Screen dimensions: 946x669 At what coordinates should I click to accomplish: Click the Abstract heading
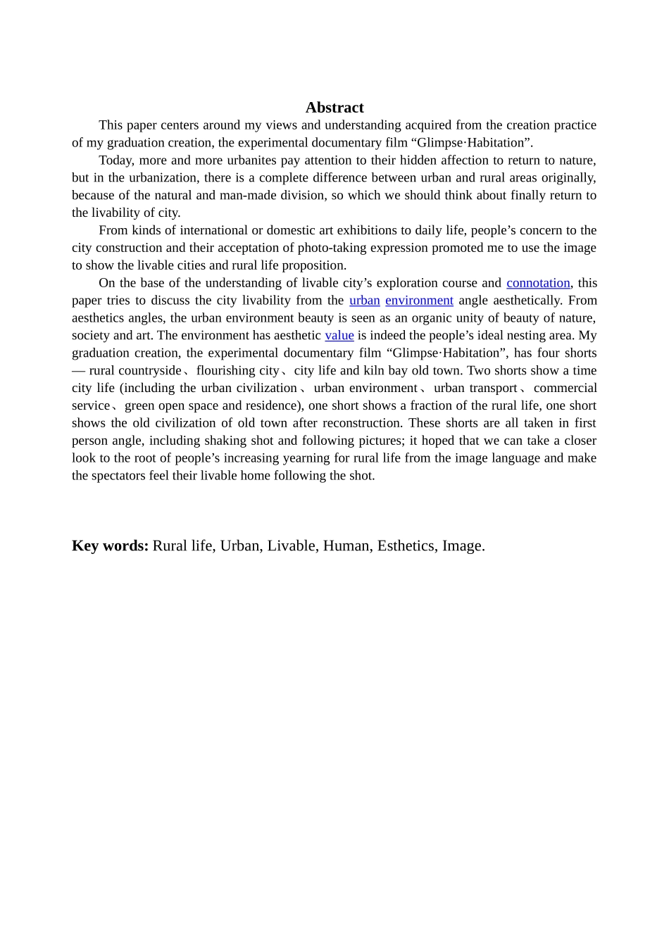click(334, 108)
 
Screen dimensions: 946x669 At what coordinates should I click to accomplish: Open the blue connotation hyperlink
click(538, 283)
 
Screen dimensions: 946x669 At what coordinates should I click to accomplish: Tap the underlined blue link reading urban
click(364, 301)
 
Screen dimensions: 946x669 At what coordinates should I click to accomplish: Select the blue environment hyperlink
click(419, 301)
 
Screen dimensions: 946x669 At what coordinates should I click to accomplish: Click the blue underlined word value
click(339, 336)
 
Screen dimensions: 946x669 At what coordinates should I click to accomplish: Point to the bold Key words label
click(110, 546)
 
